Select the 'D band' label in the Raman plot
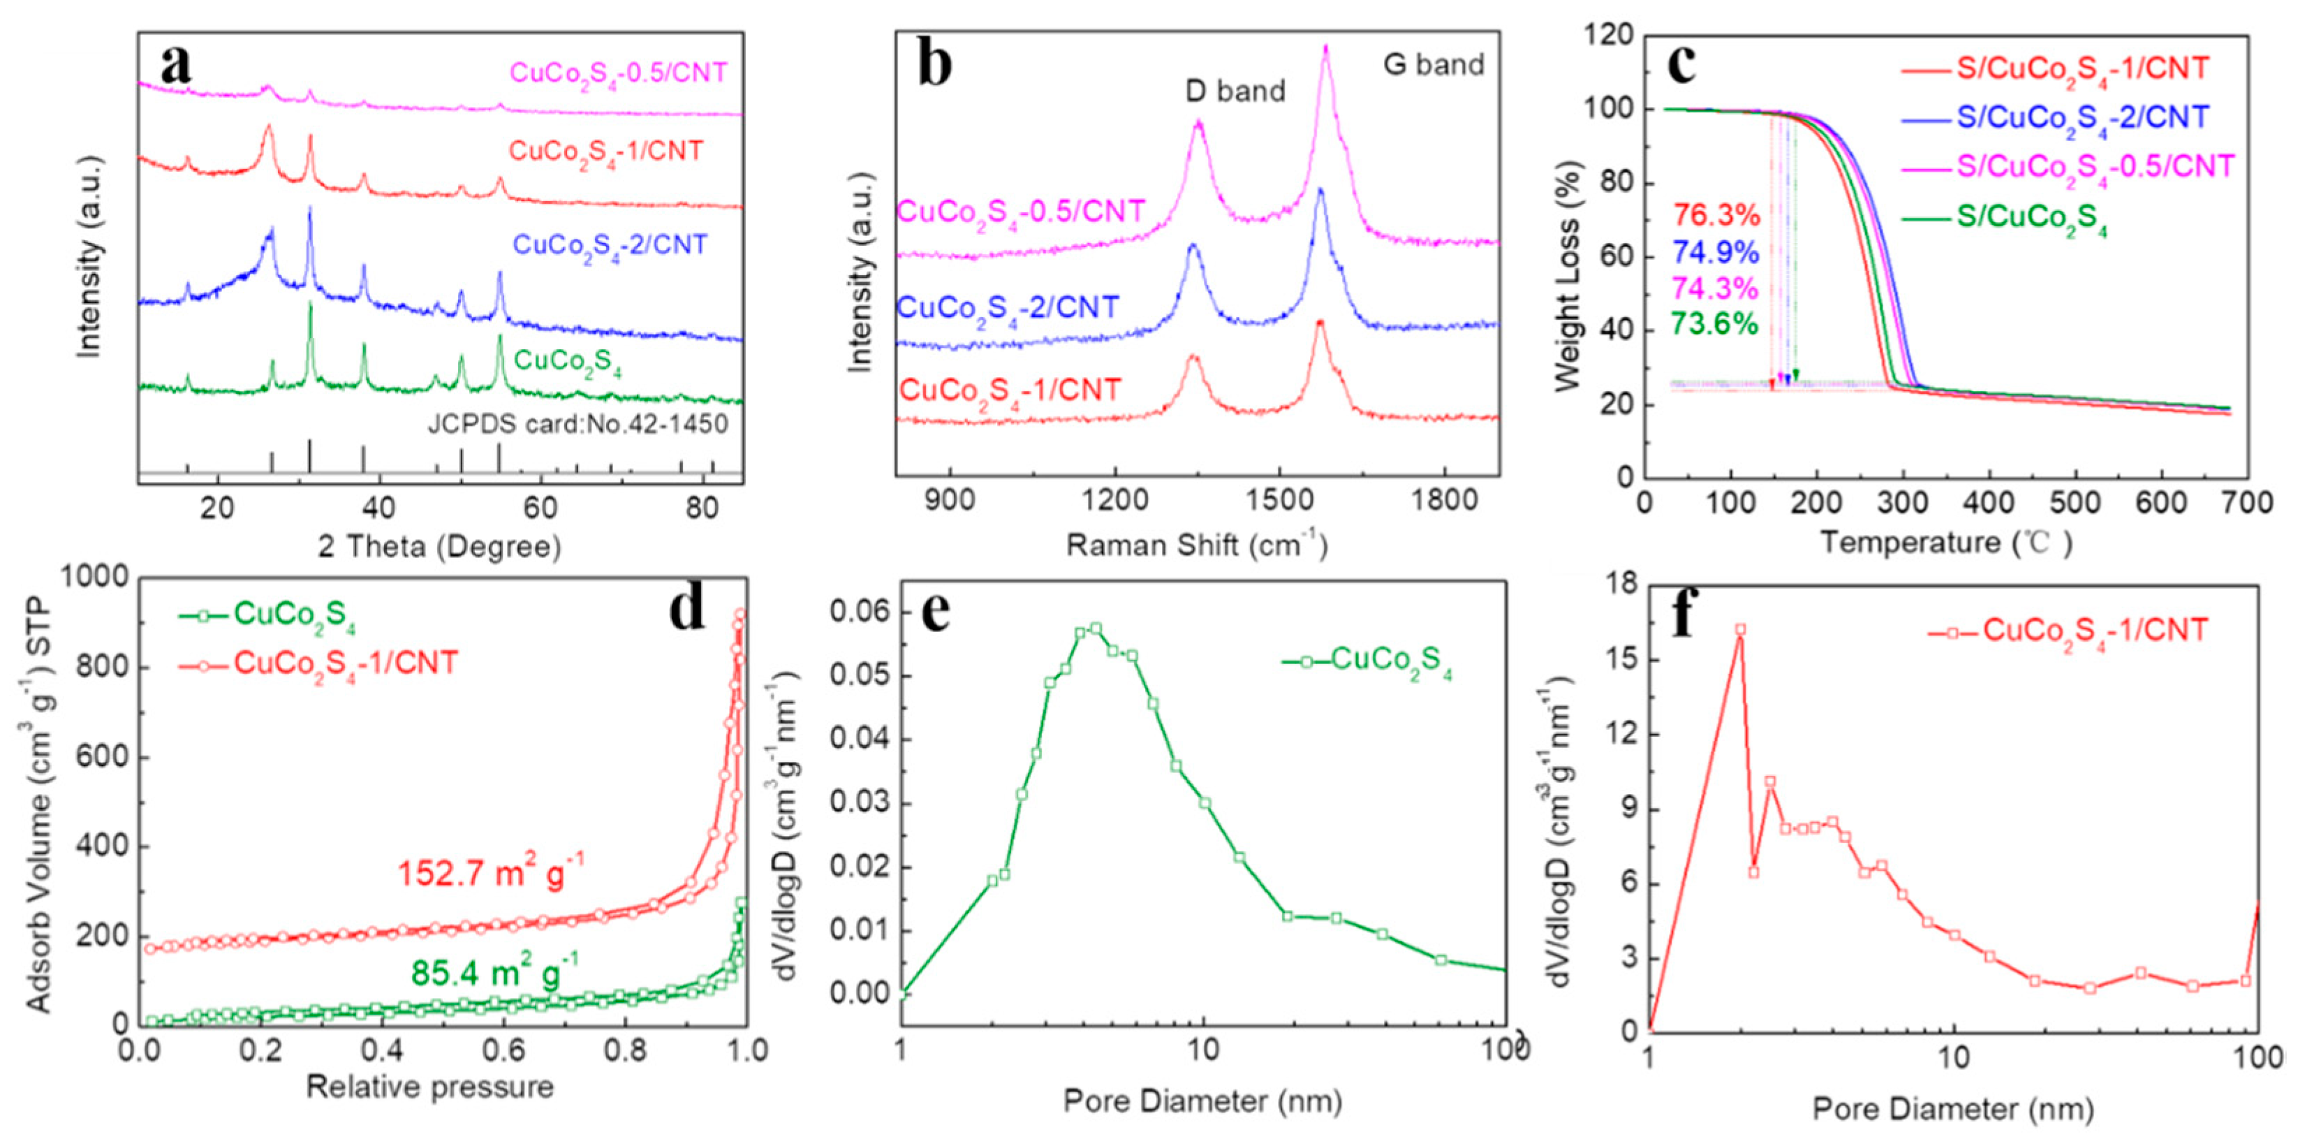(x=1235, y=91)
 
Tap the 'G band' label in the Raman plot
(x=1434, y=64)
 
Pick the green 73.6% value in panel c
(x=1714, y=323)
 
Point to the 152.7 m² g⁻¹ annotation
(x=491, y=872)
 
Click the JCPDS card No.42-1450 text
(x=578, y=423)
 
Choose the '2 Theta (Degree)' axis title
(x=440, y=546)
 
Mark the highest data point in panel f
(x=1739, y=629)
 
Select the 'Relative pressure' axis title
(x=430, y=1087)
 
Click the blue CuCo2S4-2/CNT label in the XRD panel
(x=610, y=245)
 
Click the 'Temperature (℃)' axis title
(x=1945, y=543)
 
